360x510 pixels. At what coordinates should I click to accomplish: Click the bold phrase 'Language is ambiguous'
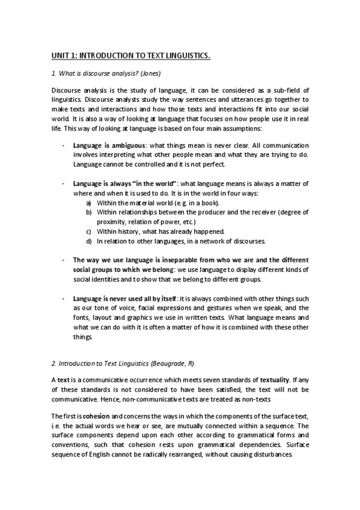(x=109, y=146)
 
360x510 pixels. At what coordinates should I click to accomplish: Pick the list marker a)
(x=89, y=203)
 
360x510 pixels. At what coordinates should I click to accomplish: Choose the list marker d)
(x=89, y=241)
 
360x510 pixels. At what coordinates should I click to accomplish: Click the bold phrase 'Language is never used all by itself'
(x=125, y=298)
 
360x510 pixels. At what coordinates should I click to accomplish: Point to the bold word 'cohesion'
(x=95, y=417)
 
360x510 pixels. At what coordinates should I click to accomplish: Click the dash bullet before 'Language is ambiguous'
(x=64, y=146)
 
